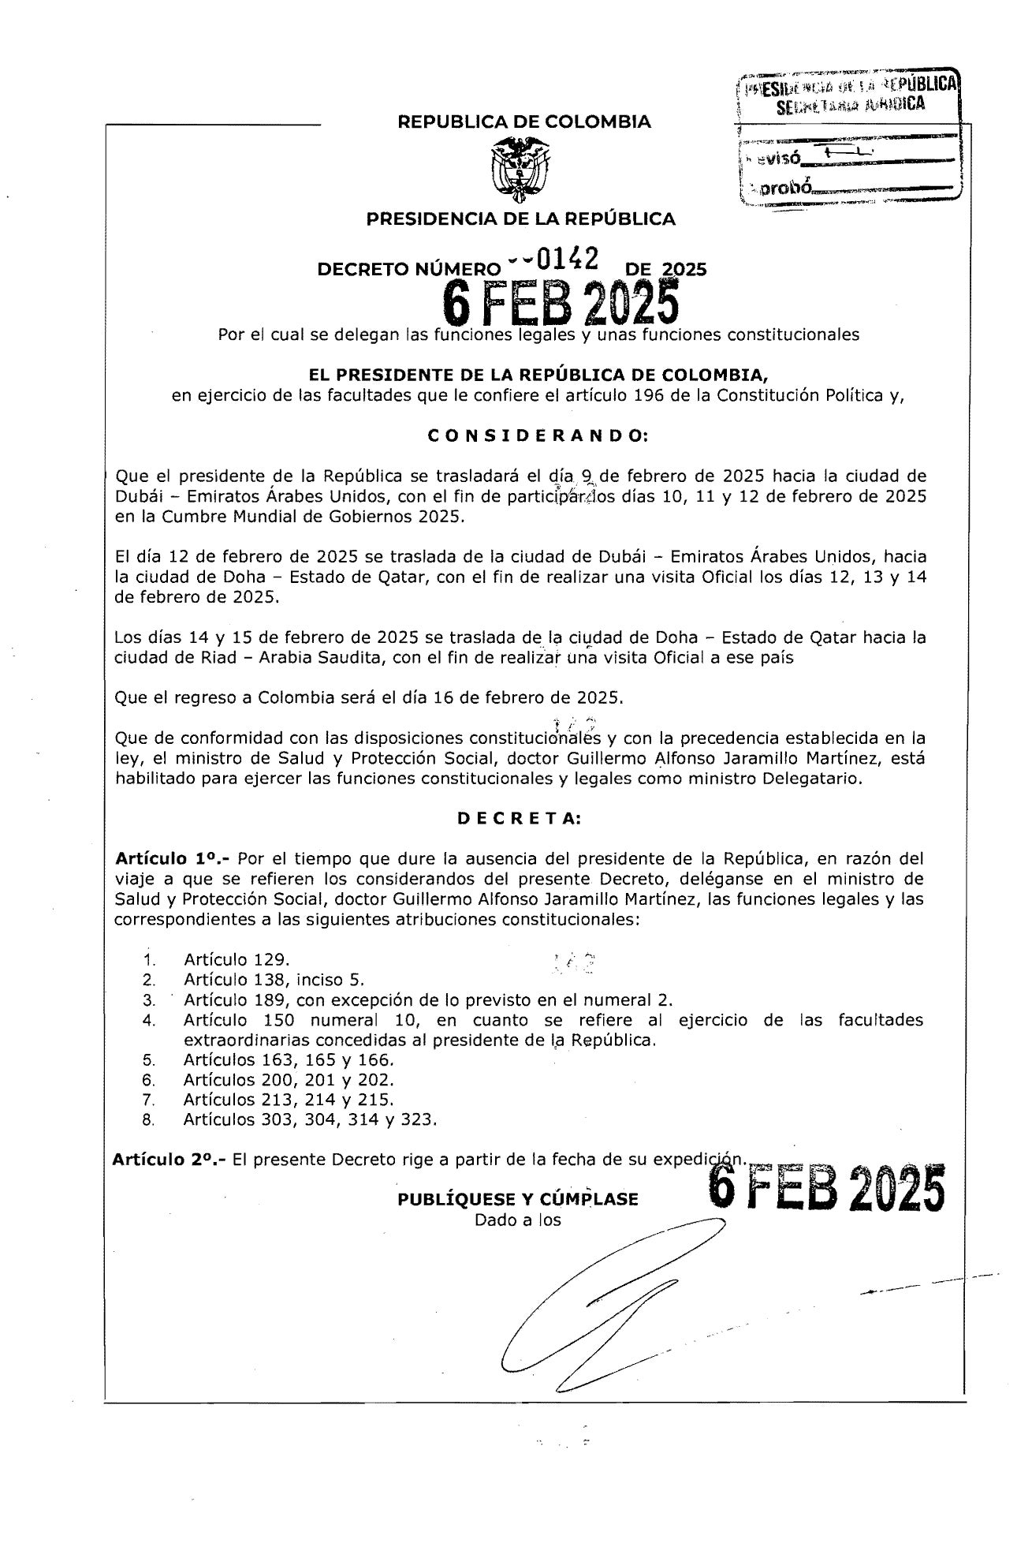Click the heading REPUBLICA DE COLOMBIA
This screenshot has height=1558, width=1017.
click(x=524, y=122)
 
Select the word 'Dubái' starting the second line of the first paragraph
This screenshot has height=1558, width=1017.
click(x=138, y=497)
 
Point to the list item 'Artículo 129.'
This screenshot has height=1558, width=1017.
click(x=237, y=960)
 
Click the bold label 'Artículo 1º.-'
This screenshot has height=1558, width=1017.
click(x=171, y=858)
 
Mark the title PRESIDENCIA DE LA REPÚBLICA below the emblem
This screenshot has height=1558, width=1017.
click(x=520, y=219)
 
